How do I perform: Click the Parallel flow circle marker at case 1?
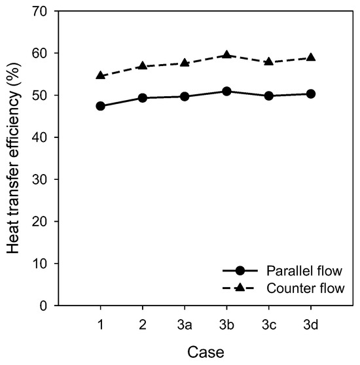(x=100, y=106)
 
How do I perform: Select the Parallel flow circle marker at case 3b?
(x=226, y=92)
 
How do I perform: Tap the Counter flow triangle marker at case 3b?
(x=226, y=55)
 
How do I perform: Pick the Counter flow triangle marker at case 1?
(x=100, y=76)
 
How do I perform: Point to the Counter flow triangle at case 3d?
(x=311, y=58)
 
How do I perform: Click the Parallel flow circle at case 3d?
(x=311, y=94)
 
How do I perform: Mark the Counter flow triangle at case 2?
(x=142, y=66)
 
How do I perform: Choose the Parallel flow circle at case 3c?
(x=268, y=96)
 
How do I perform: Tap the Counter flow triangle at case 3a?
(x=185, y=63)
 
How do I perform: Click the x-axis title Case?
(x=206, y=351)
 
